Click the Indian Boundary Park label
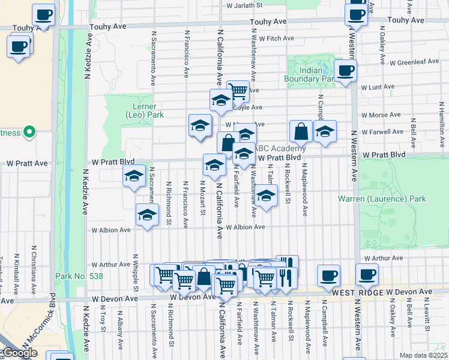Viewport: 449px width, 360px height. click(310, 74)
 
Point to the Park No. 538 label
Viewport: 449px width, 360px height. click(79, 277)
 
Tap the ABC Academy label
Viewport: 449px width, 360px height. click(279, 149)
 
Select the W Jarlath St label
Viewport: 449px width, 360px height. click(244, 5)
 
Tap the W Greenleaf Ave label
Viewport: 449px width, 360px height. click(414, 62)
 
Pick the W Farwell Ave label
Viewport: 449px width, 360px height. click(382, 131)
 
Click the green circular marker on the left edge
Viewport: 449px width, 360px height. click(28, 133)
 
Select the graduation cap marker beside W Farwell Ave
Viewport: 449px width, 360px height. click(325, 133)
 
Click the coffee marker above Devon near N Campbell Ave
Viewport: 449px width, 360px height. click(328, 275)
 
